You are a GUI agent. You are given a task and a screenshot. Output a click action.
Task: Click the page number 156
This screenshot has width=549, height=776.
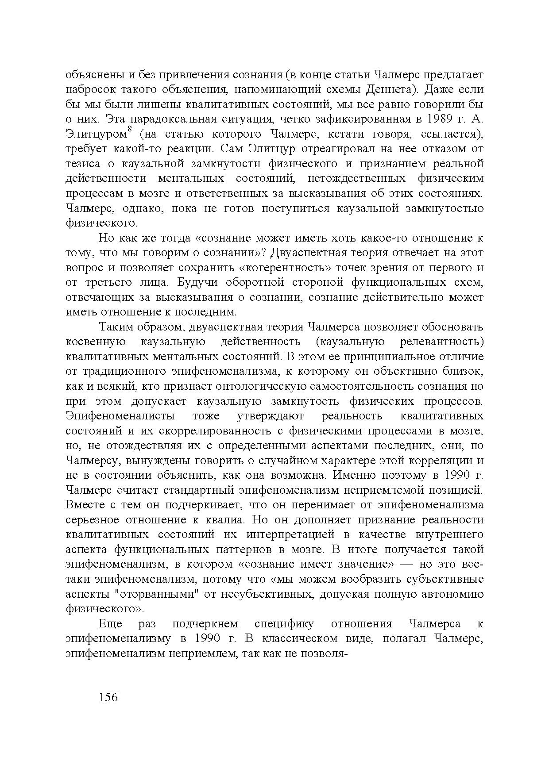[x=108, y=697]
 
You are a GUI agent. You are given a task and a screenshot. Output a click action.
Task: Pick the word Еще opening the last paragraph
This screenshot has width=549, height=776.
[x=110, y=624]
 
